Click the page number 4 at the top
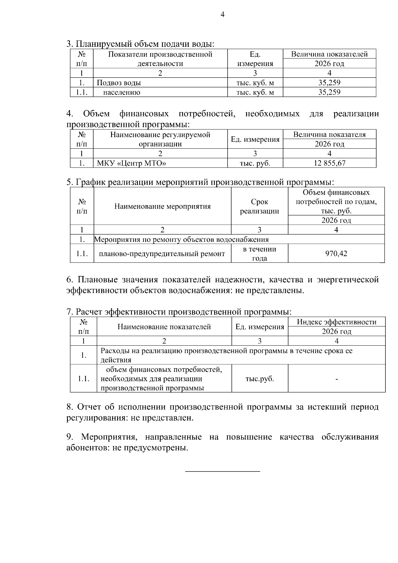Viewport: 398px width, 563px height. click(x=223, y=15)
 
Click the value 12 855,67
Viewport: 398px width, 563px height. click(x=329, y=163)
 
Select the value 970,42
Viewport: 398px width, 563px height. click(x=336, y=253)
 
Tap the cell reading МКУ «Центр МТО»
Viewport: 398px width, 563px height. click(x=131, y=163)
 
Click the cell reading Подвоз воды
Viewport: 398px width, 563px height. click(x=119, y=83)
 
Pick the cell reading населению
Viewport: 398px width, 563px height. click(x=122, y=92)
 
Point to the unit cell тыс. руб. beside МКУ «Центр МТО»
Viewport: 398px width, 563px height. click(x=255, y=163)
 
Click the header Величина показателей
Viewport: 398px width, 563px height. click(x=329, y=54)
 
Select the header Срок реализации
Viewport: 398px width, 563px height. click(x=259, y=206)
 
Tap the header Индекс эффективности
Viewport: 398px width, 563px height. click(x=337, y=322)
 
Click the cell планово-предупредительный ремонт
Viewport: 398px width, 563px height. click(x=162, y=254)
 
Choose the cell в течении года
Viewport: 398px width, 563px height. click(x=259, y=253)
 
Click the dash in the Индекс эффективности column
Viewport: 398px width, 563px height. click(x=337, y=379)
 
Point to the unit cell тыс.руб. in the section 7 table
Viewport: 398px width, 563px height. click(x=260, y=379)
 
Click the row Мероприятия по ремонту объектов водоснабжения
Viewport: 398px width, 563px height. click(x=181, y=239)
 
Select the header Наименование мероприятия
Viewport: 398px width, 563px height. click(x=163, y=206)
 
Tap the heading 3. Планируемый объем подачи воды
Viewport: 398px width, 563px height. click(x=140, y=44)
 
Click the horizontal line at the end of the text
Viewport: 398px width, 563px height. click(x=222, y=471)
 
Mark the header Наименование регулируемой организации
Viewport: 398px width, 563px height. click(x=160, y=139)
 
